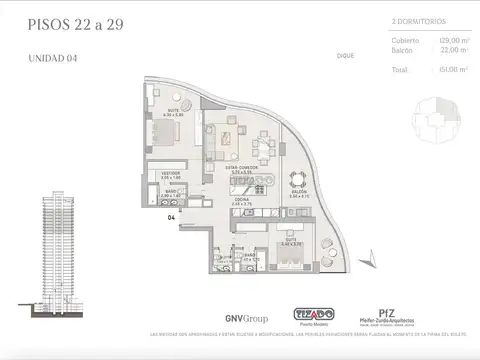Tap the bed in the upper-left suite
170,127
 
